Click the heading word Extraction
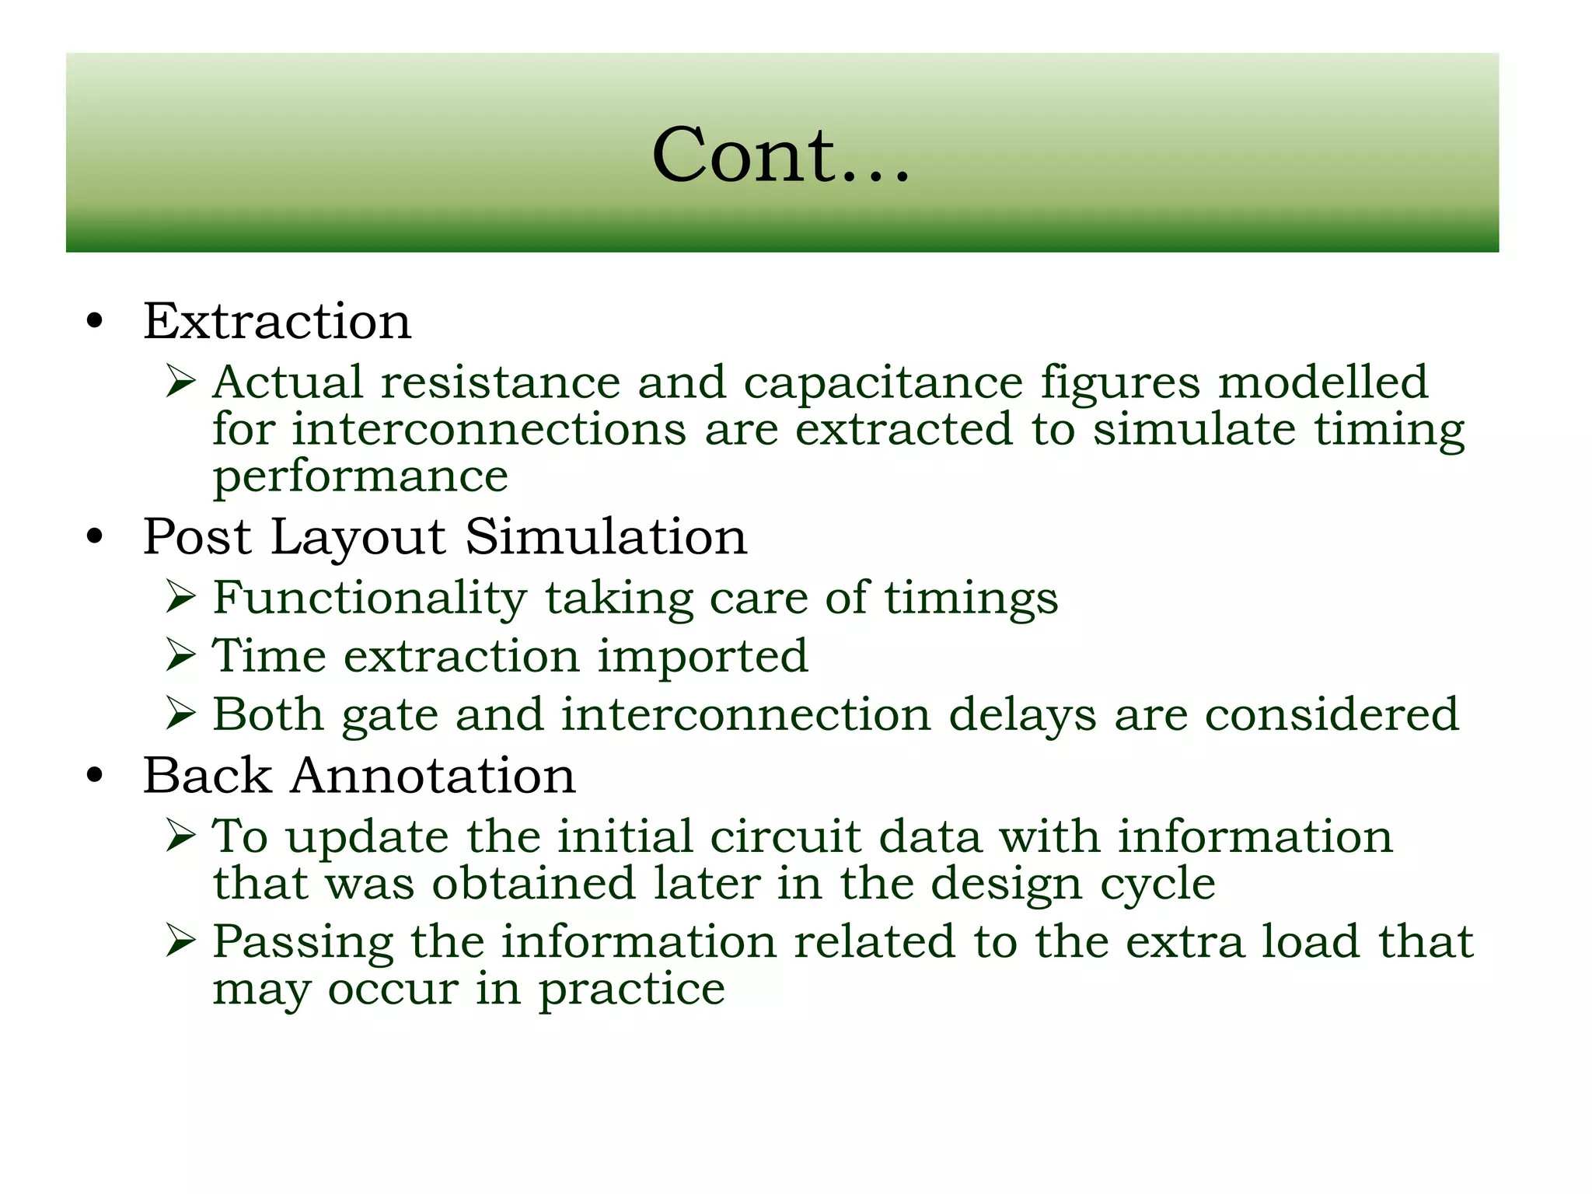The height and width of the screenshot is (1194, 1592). [277, 321]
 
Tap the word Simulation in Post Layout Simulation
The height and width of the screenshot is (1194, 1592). [606, 537]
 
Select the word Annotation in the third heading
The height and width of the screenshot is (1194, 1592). [433, 776]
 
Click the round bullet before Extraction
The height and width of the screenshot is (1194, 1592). [95, 322]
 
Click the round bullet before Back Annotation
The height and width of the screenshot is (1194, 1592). [95, 776]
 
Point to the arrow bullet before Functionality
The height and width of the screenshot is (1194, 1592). [180, 598]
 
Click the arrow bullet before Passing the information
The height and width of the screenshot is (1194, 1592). [180, 941]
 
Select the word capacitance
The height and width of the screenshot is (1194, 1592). [882, 383]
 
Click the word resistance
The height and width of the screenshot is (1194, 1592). [500, 382]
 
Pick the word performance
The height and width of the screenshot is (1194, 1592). [360, 477]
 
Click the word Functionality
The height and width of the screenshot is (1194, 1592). [370, 598]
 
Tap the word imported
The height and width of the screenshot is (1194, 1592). [703, 657]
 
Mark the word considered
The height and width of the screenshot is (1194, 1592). [1332, 714]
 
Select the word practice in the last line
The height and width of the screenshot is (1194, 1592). [632, 990]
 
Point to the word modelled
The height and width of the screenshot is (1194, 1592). [1322, 382]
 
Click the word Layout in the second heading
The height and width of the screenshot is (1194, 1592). [358, 538]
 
